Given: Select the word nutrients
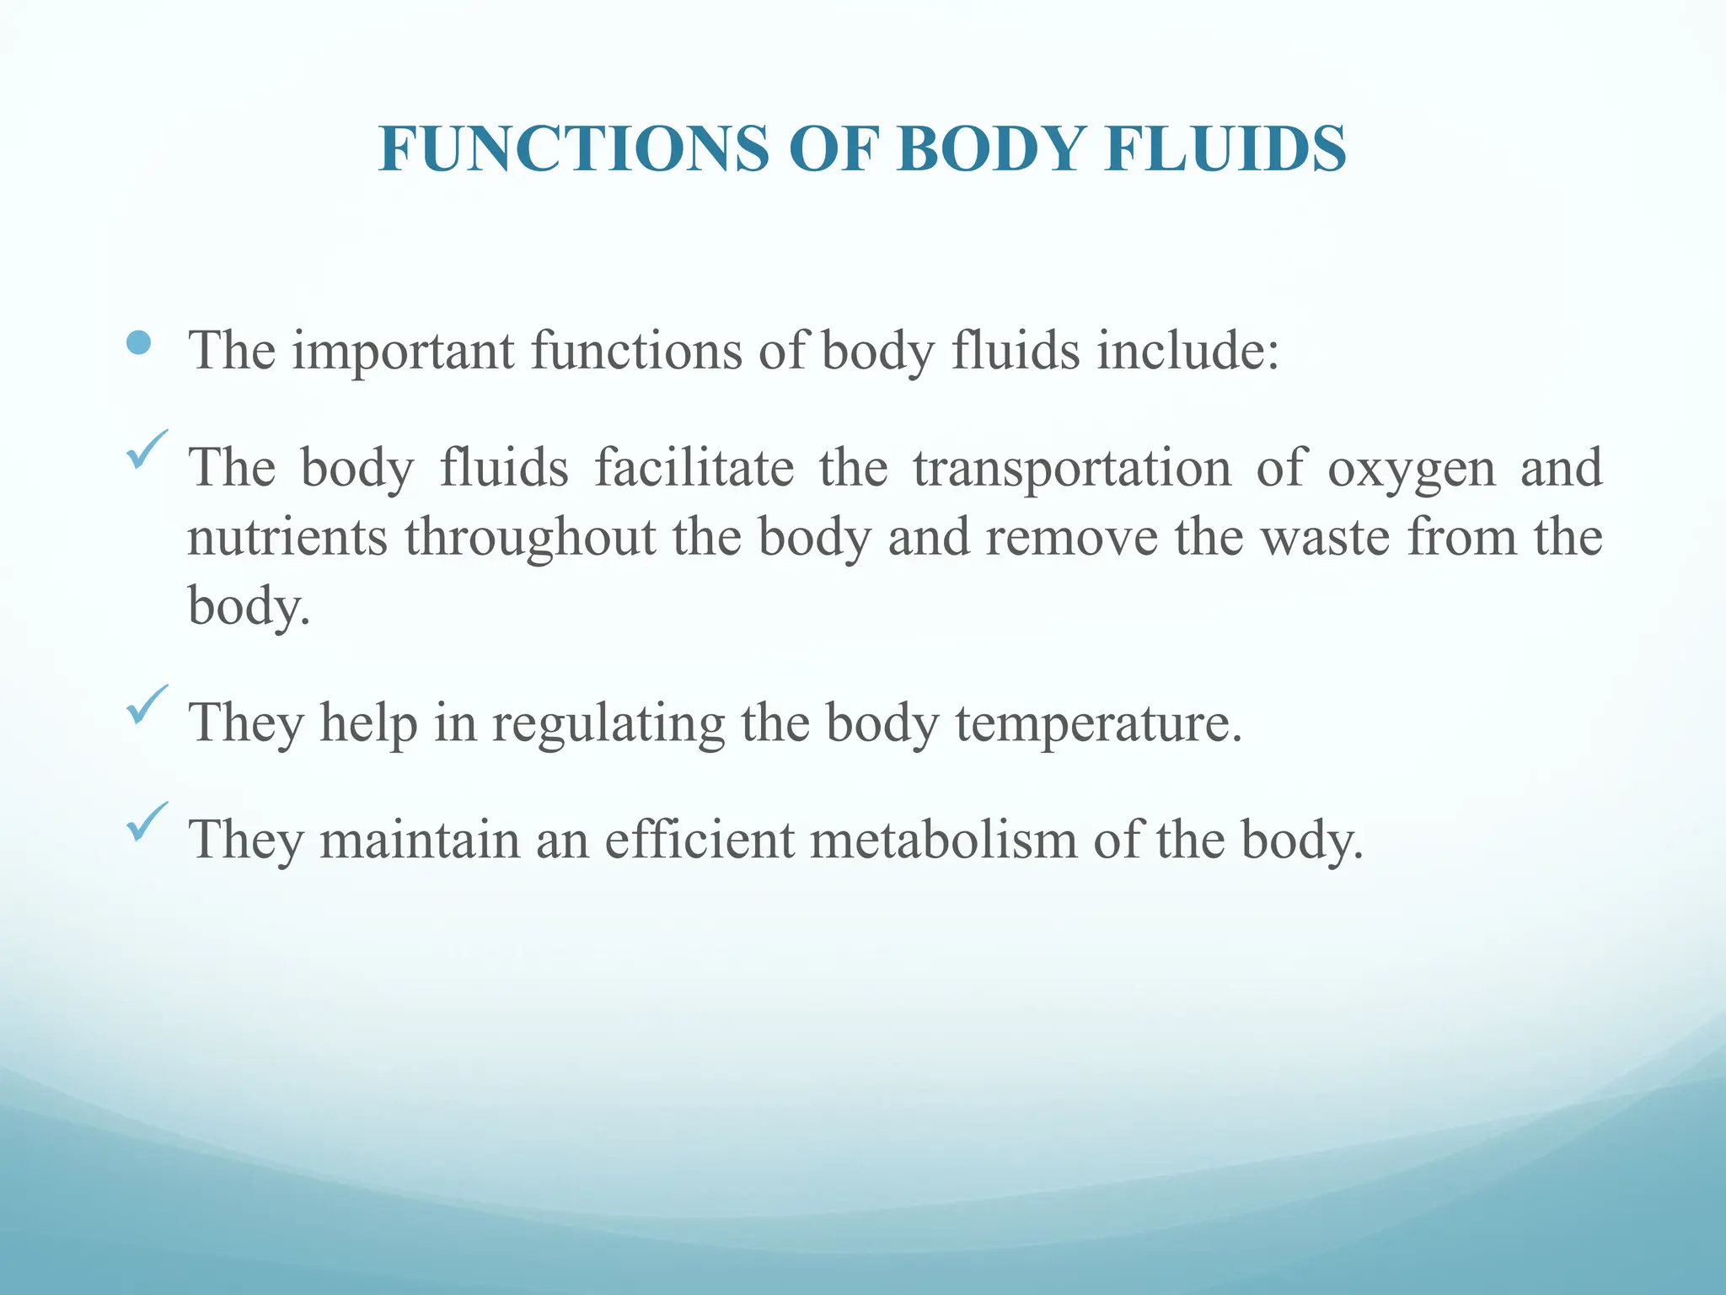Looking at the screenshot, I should (287, 537).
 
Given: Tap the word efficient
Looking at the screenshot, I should (699, 840).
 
